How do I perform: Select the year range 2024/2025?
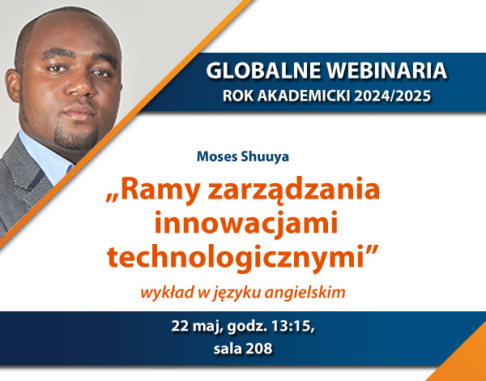tap(393, 96)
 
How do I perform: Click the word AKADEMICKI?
tap(305, 96)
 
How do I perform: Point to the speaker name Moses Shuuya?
tap(243, 156)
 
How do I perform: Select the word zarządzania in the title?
tap(294, 190)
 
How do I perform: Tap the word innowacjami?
tap(245, 222)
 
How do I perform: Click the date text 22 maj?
tap(197, 327)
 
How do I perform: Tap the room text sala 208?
tap(243, 349)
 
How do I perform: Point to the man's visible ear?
tap(13, 86)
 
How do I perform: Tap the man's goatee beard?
tap(75, 136)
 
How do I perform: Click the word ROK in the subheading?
tap(238, 96)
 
